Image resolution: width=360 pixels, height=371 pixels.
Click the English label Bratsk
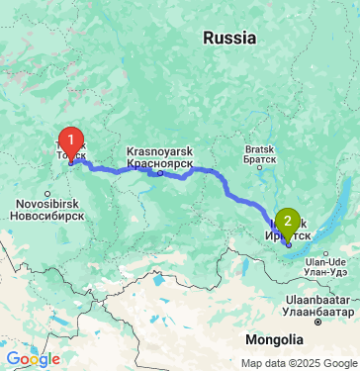260,151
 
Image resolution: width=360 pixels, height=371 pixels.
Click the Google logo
33,359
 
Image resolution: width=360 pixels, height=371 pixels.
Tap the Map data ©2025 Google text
299,363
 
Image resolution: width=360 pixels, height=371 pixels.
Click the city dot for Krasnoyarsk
159,172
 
